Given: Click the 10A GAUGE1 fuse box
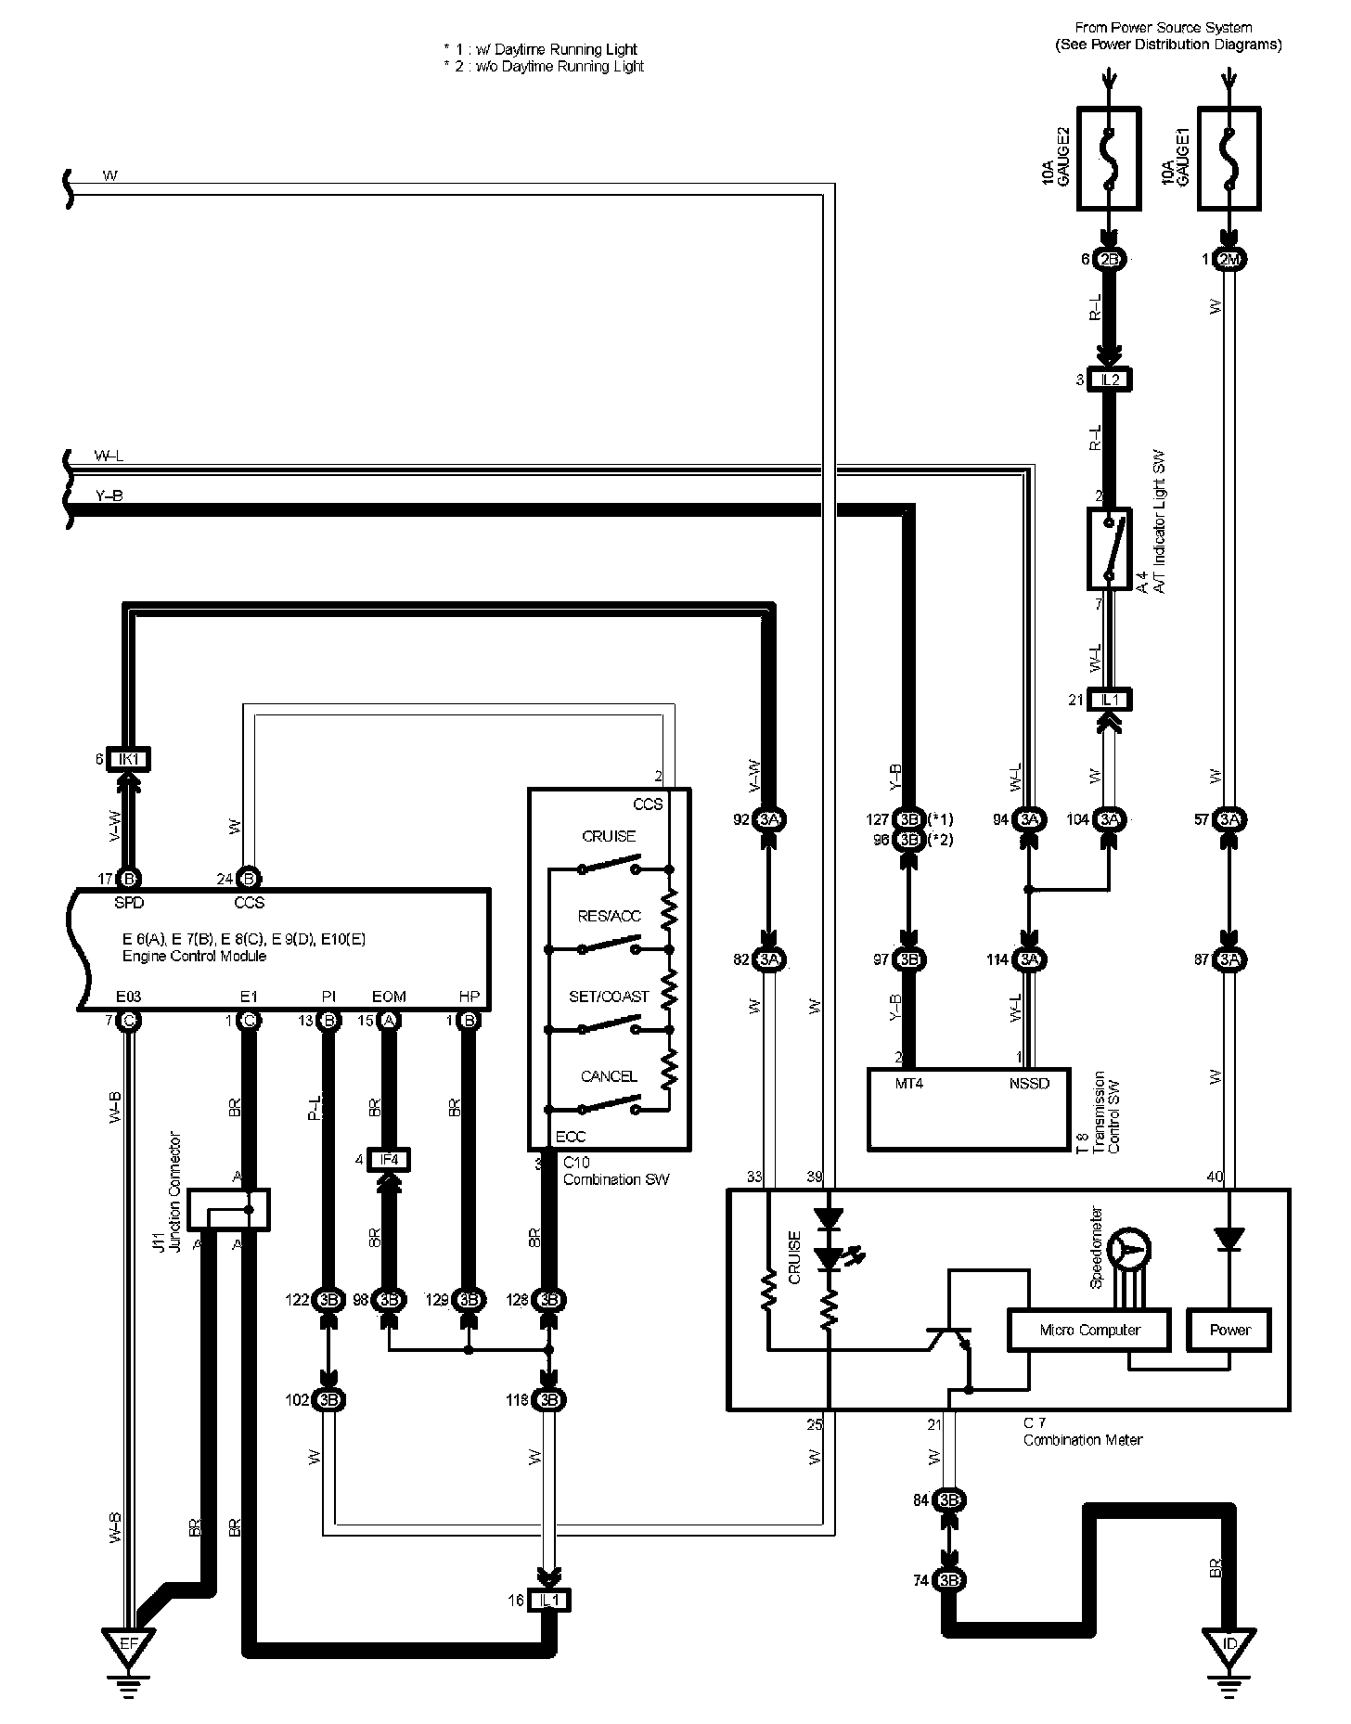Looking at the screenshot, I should click(1229, 158).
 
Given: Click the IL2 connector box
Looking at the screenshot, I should click(1110, 380).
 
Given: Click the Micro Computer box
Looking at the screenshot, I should click(1089, 1330).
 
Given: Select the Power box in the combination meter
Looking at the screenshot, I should click(1229, 1330).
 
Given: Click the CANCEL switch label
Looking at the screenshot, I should click(609, 1076).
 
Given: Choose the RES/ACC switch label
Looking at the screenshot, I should click(609, 916).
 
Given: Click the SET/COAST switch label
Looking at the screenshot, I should click(609, 997).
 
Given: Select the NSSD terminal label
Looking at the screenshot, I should click(1029, 1083).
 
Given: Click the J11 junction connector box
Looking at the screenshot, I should click(228, 1210).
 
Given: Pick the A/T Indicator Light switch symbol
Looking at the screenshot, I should click(1109, 547).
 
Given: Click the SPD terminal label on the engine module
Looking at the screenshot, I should click(129, 902).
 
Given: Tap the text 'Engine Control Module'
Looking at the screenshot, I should click(194, 956).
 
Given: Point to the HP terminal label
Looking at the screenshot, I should click(470, 997).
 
